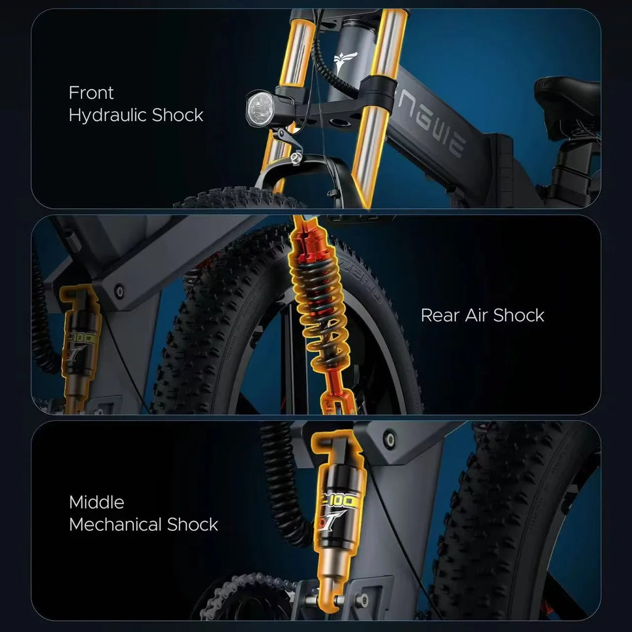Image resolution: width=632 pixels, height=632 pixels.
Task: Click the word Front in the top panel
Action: [91, 93]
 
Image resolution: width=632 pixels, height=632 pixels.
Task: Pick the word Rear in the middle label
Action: [439, 315]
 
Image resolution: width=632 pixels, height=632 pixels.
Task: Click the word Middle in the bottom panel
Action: [96, 502]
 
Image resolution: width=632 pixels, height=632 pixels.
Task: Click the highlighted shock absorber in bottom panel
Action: [337, 512]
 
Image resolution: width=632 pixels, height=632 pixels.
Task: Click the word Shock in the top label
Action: [178, 115]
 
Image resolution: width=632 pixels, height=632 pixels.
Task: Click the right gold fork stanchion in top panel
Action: [373, 111]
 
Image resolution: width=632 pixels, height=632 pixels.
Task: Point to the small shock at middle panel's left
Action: [81, 346]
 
